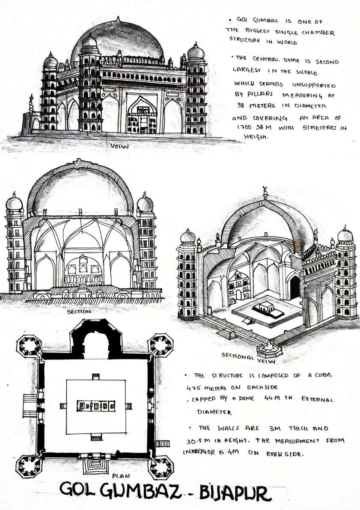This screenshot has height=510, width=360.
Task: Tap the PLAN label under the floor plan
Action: click(x=118, y=475)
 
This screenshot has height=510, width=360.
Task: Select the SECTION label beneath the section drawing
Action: click(x=79, y=312)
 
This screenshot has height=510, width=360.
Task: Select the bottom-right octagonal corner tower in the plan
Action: click(x=161, y=466)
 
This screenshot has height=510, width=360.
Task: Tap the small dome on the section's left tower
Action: click(x=14, y=202)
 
